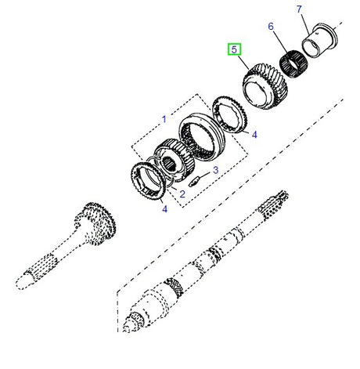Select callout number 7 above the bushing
click(299, 9)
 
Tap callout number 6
click(272, 27)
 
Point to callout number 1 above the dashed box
click(164, 119)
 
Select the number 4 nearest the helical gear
click(254, 134)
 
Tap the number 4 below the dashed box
click(164, 208)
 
